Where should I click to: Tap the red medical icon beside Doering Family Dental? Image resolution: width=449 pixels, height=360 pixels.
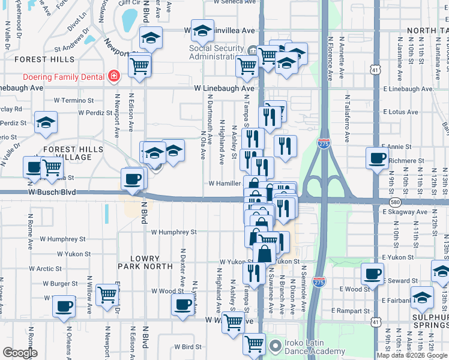pyautogui.click(x=113, y=76)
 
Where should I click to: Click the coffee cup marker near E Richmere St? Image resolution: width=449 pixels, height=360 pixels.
pyautogui.click(x=377, y=158)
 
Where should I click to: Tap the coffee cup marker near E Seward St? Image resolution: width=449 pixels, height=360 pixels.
pyautogui.click(x=372, y=275)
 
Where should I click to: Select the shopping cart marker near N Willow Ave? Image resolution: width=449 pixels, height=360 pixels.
pyautogui.click(x=107, y=295)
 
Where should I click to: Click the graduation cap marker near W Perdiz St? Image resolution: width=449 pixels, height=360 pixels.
pyautogui.click(x=46, y=122)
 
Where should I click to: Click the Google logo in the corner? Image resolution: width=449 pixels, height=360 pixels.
pyautogui.click(x=20, y=353)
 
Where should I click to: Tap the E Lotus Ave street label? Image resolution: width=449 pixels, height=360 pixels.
pyautogui.click(x=399, y=112)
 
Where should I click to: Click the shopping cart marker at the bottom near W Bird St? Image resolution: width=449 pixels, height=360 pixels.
pyautogui.click(x=254, y=344)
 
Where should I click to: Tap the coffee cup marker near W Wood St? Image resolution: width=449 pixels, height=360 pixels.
pyautogui.click(x=182, y=304)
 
